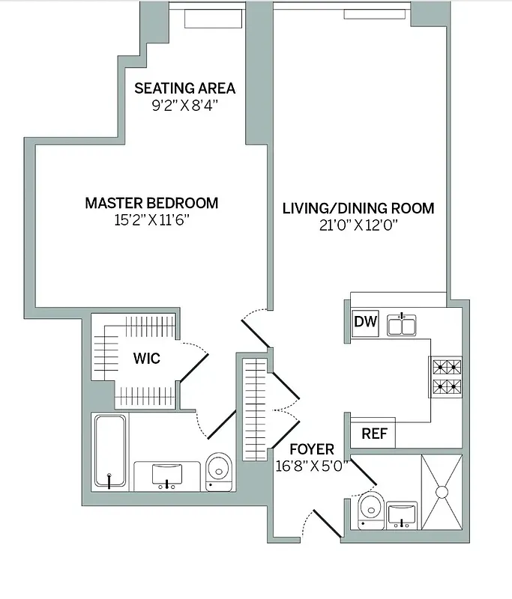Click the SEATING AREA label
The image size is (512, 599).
[x=184, y=88]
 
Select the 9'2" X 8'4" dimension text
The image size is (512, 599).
[x=184, y=106]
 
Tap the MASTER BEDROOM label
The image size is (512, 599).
[x=151, y=203]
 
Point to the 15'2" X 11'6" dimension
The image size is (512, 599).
[x=151, y=220]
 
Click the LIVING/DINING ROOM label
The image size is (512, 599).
[x=358, y=208]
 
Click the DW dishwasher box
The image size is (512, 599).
[x=365, y=323]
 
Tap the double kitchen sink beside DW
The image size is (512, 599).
[x=403, y=324]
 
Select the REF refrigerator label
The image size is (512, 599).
[x=373, y=434]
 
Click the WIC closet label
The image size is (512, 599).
[x=146, y=359]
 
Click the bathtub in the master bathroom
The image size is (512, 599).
[x=110, y=453]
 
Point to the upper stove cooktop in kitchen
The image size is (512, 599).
[x=445, y=367]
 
